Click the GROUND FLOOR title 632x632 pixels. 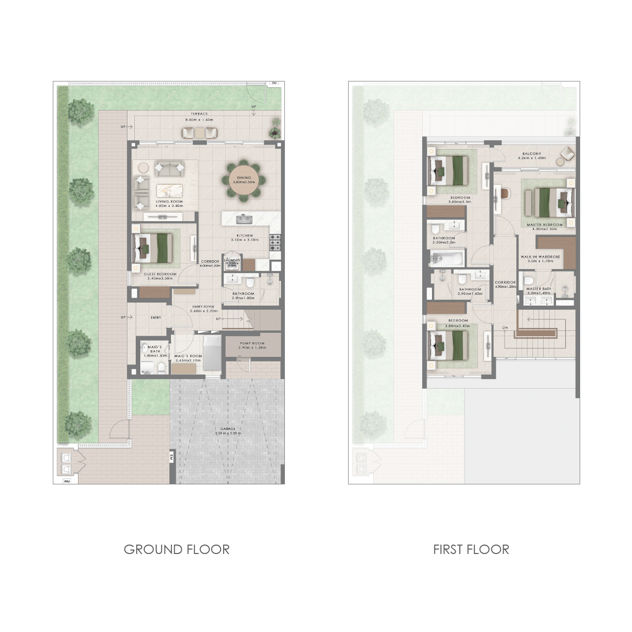click(176, 549)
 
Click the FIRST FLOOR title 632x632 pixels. click(471, 549)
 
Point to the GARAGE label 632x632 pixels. click(228, 429)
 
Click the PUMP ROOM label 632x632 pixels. click(251, 343)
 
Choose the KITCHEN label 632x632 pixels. click(244, 236)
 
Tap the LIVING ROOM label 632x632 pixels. click(169, 202)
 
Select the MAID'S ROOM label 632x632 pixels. click(188, 356)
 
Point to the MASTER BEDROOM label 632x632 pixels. click(545, 225)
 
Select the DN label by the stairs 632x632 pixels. click(505, 327)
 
